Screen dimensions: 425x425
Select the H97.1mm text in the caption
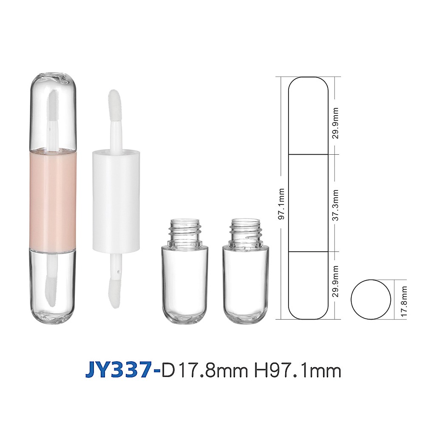[x=297, y=371]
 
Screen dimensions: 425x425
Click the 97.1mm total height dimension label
[x=282, y=204]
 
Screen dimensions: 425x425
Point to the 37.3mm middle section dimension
[x=336, y=205]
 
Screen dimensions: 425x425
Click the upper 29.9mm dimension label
[x=336, y=123]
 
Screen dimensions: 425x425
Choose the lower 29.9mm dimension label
[x=336, y=281]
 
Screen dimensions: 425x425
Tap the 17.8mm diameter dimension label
[x=404, y=301]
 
